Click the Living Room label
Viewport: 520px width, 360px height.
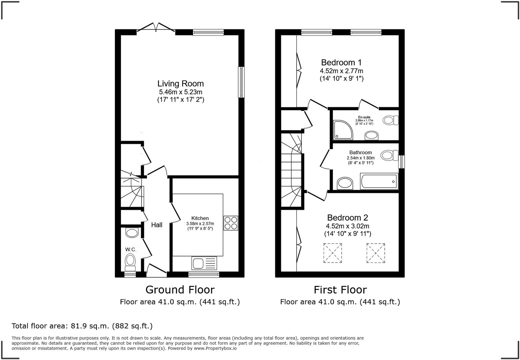point(180,83)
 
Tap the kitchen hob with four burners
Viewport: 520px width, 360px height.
point(231,223)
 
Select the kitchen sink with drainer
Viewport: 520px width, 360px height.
point(204,263)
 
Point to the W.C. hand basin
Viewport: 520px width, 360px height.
point(132,232)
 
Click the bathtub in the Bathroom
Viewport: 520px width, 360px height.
point(379,181)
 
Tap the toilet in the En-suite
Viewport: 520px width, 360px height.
point(390,120)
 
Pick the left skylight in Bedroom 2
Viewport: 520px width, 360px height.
point(332,253)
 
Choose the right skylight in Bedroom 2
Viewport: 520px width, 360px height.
point(376,253)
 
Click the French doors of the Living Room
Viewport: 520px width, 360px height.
point(156,29)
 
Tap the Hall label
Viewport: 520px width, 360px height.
point(157,225)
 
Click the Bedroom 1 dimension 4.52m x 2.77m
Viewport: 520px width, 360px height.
point(341,71)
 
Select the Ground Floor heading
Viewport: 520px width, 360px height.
point(180,290)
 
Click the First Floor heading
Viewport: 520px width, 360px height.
point(340,290)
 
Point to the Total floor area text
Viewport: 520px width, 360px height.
point(82,326)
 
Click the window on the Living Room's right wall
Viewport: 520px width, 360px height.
point(241,82)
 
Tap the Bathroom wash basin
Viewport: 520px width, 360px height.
point(345,183)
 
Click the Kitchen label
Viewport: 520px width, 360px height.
point(200,218)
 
